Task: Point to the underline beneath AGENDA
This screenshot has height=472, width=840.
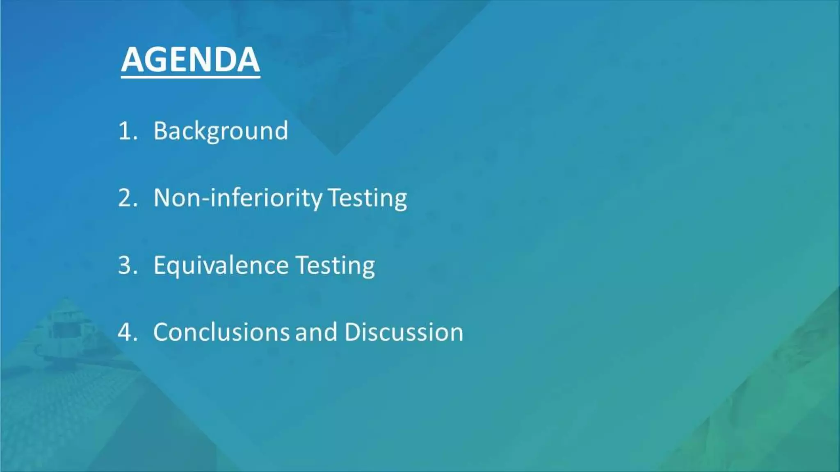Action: coord(190,76)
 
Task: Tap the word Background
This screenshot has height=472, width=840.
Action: coord(221,131)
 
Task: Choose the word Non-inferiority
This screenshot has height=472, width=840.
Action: coord(238,198)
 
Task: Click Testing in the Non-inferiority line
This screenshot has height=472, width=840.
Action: coord(367,198)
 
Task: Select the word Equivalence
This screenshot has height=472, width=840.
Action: coord(221,265)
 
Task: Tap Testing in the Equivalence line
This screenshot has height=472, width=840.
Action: coord(335,265)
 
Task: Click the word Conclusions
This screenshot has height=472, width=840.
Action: coord(221,332)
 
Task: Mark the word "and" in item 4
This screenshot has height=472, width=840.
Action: coord(316,332)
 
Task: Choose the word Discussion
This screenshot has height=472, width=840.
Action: coord(404,332)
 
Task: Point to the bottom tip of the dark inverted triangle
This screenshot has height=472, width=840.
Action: coord(335,154)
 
